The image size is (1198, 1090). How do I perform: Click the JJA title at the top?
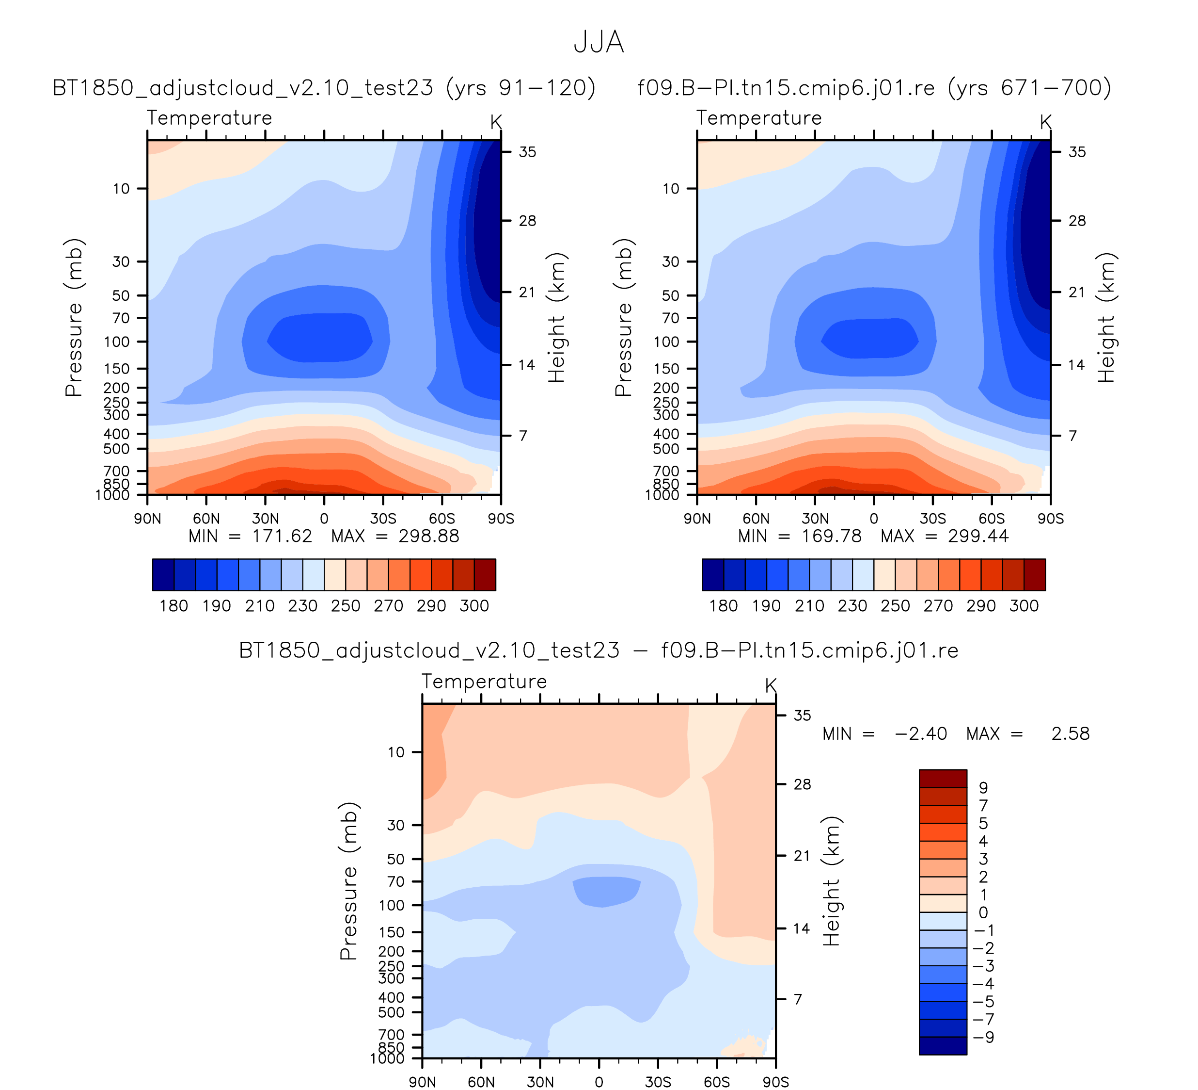(x=599, y=43)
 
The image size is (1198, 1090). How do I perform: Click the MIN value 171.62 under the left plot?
(x=282, y=537)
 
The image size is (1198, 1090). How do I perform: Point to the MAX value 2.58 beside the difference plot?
(x=1070, y=734)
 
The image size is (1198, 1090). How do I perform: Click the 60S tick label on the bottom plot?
(x=717, y=1082)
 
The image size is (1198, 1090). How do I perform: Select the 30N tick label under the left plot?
(x=265, y=519)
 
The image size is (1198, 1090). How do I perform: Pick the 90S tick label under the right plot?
(x=1051, y=519)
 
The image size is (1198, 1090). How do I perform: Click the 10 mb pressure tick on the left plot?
(x=121, y=189)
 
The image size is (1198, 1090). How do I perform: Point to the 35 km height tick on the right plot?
(x=1077, y=152)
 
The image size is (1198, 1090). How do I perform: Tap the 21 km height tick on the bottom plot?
(x=802, y=856)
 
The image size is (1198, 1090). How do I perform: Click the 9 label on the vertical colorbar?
(x=983, y=787)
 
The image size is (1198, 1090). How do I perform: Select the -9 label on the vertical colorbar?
(x=983, y=1037)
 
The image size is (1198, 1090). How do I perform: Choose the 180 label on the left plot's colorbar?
(x=173, y=606)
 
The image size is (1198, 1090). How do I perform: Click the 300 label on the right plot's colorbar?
(x=1024, y=606)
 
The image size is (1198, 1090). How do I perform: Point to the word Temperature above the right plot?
(x=759, y=118)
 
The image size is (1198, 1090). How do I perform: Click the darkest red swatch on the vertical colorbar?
(x=943, y=779)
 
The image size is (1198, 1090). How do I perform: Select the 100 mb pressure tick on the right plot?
(x=670, y=342)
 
